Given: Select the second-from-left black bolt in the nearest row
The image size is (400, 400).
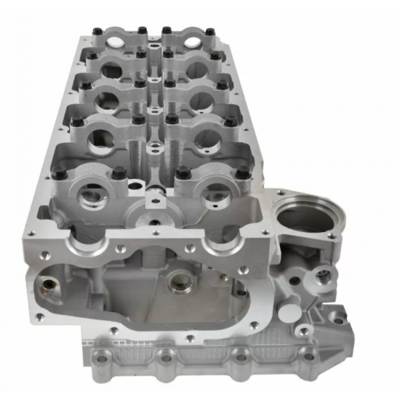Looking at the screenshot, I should coord(118,172).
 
